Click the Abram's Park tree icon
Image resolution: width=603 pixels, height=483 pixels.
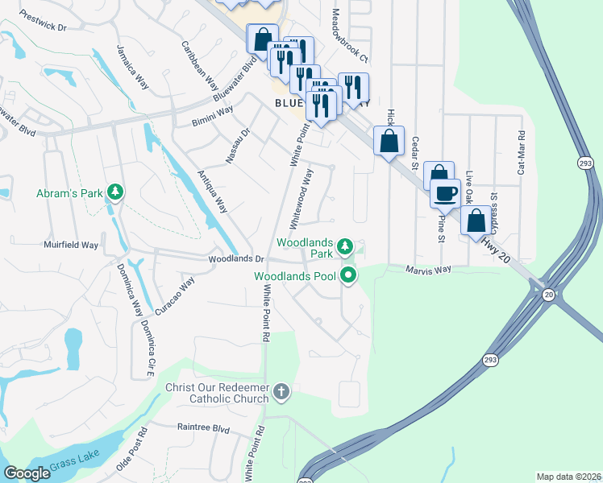[x=116, y=192]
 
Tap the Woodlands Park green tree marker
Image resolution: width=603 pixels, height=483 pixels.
[x=345, y=246]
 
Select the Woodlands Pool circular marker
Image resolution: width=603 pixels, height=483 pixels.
[x=349, y=276]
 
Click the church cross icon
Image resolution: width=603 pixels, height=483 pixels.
[x=281, y=392]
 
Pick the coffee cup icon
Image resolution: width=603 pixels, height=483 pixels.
[x=444, y=192]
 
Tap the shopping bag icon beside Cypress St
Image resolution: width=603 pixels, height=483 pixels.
[x=476, y=219]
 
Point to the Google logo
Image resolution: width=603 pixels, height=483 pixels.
[x=27, y=473]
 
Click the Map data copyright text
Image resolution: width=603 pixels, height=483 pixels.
[x=568, y=477]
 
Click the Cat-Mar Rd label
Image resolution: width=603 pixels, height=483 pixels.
[x=522, y=153]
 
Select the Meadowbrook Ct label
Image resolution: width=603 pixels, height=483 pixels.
[x=349, y=36]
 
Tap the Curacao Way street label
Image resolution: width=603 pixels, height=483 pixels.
[x=175, y=296]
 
